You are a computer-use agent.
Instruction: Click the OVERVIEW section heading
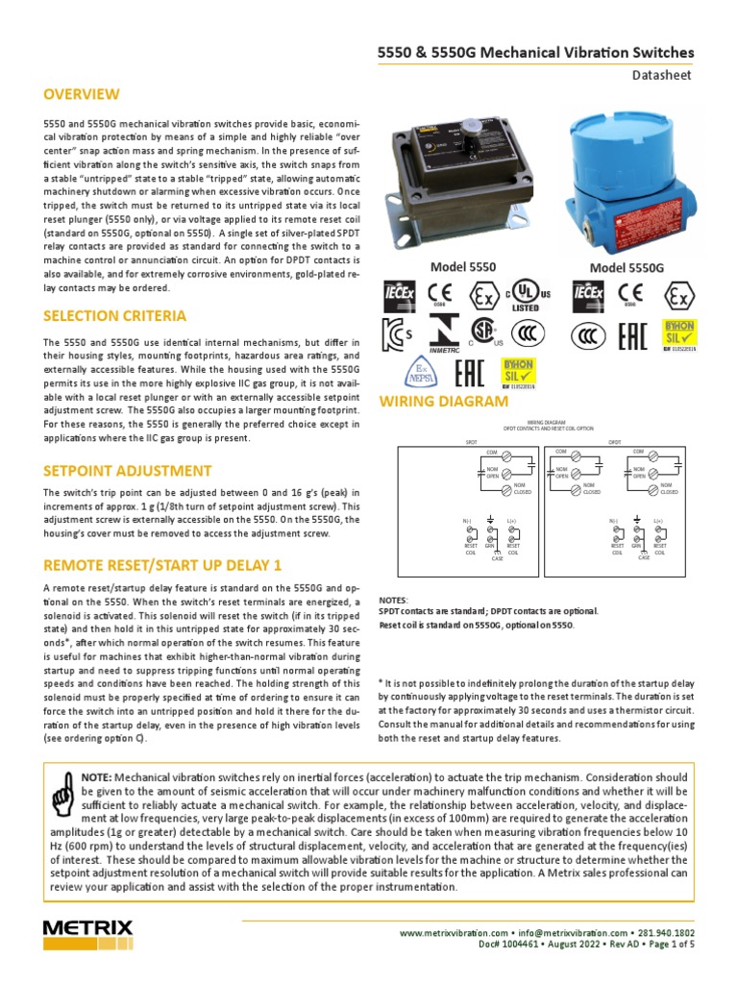82,94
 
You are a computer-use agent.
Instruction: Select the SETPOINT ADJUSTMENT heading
127,470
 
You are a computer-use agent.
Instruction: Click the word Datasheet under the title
663,74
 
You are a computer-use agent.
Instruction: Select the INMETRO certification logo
444,332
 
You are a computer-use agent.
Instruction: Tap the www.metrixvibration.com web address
453,932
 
